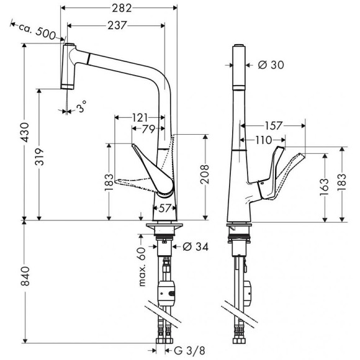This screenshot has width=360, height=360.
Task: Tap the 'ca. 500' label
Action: click(x=37, y=31)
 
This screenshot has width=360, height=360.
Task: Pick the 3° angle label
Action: click(x=81, y=109)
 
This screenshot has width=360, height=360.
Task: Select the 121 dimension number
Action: click(x=140, y=117)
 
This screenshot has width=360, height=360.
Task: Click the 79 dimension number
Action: click(x=148, y=129)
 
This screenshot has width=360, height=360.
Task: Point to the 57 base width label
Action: click(x=164, y=207)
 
